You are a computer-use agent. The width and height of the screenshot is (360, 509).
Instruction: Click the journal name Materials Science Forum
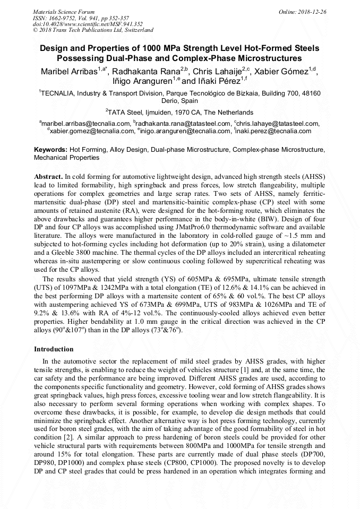coord(64,12)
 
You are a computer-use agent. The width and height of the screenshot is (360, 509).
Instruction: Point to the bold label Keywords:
coord(50,150)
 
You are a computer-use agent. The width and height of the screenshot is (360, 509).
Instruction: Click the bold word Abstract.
coord(48,176)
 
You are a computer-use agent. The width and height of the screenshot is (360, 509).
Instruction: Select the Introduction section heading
coord(54,349)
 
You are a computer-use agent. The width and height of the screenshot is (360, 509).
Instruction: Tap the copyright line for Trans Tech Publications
coord(93,30)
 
